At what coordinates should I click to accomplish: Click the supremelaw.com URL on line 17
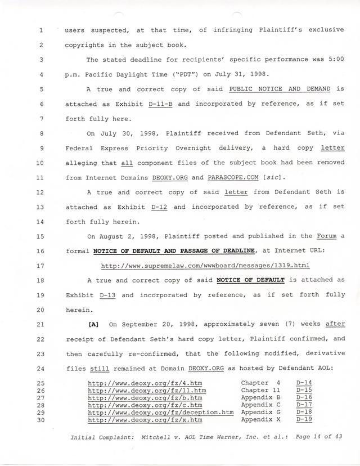point(205,265)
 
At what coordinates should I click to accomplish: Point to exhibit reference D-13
point(107,294)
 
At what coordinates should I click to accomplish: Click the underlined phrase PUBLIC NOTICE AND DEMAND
point(280,89)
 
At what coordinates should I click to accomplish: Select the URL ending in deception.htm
point(161,412)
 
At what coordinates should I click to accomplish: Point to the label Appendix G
point(260,412)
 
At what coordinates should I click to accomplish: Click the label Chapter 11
point(260,390)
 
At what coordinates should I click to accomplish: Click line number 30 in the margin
point(41,419)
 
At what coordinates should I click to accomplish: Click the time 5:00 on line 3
point(332,60)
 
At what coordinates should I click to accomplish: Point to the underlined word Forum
point(326,236)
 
